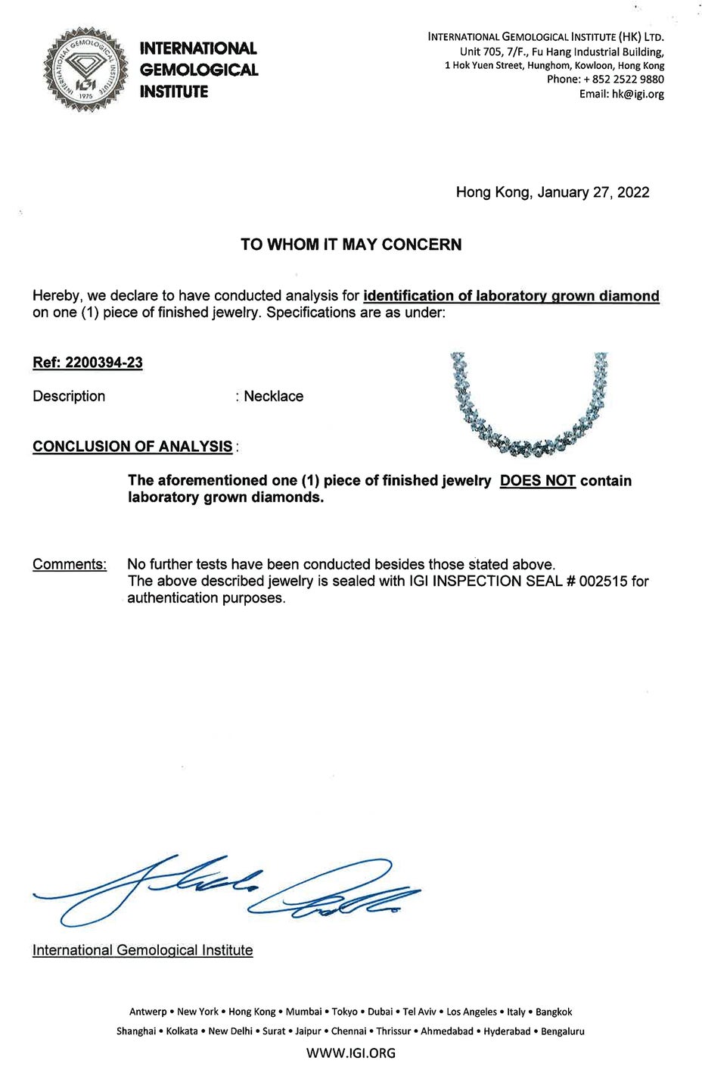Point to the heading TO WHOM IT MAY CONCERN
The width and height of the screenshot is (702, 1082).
click(351, 245)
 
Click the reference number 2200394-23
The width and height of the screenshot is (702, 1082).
click(104, 363)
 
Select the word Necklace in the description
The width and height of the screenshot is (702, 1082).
click(273, 397)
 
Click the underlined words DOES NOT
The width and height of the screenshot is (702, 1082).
click(538, 481)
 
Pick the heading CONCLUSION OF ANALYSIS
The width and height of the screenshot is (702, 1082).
click(132, 446)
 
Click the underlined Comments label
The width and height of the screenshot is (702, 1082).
click(70, 564)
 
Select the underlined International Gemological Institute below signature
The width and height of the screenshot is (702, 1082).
click(142, 950)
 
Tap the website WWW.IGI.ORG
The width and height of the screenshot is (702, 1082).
click(351, 1052)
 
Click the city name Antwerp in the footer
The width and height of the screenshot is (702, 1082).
click(148, 1012)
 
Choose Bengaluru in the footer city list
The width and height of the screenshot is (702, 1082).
click(561, 1031)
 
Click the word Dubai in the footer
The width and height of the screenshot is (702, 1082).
click(380, 1012)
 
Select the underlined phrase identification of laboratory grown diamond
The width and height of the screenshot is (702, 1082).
click(511, 296)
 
